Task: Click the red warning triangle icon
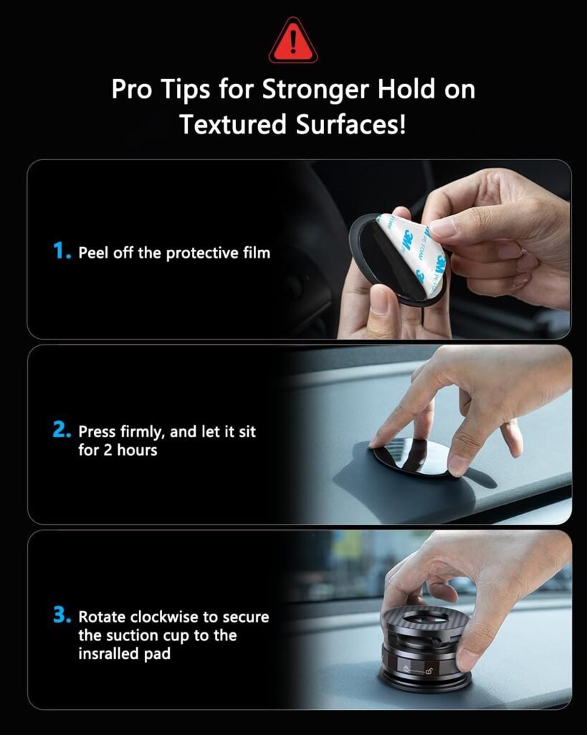[292, 42]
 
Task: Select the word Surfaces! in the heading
[350, 124]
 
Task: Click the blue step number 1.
[62, 251]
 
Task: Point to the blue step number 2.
[62, 431]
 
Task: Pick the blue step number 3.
[62, 616]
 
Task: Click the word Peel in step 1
[92, 253]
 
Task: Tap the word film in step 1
[256, 253]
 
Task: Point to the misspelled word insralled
[110, 654]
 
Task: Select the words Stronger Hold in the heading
[345, 90]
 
